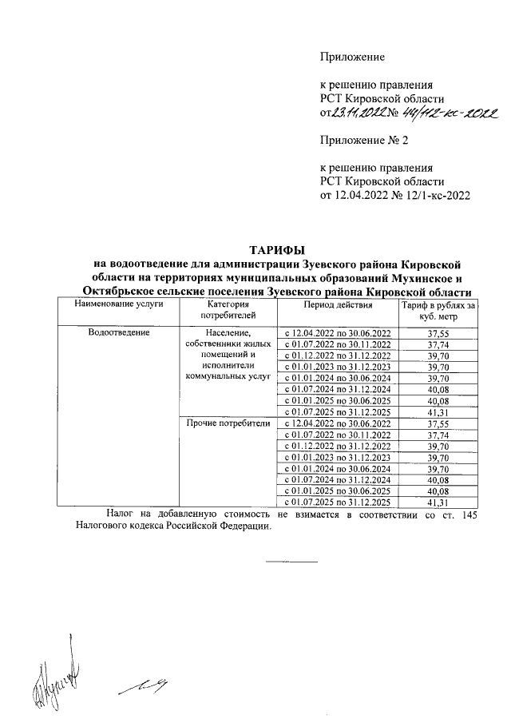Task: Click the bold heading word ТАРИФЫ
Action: tap(278, 250)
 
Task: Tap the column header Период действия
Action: tap(338, 305)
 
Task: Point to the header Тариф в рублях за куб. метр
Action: tap(438, 312)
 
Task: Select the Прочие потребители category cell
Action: tap(228, 423)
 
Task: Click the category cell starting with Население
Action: tap(228, 355)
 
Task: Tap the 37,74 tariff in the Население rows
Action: tap(438, 344)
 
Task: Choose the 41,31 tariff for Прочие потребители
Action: tap(438, 503)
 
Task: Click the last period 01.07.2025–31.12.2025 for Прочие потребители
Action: tap(338, 503)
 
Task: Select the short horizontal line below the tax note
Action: tap(291, 559)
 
